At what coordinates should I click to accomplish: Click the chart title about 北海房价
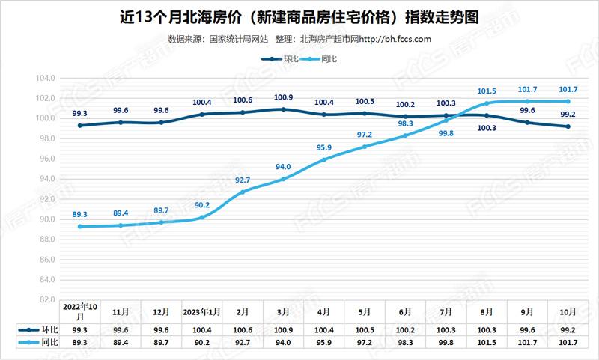[x=299, y=17]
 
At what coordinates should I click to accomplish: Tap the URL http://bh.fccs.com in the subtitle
[x=395, y=39]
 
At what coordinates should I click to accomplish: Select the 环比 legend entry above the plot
[x=280, y=59]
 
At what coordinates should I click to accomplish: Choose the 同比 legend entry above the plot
[x=318, y=59]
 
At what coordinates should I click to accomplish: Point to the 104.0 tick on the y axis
[x=46, y=79]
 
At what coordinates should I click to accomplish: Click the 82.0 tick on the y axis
[x=46, y=299]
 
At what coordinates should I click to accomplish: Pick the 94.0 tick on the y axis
[x=46, y=179]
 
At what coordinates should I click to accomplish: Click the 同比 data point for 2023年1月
[x=202, y=217]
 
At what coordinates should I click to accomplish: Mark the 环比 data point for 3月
[x=283, y=109]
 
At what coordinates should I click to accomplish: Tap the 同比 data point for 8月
[x=487, y=103]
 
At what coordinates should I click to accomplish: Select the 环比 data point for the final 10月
[x=568, y=126]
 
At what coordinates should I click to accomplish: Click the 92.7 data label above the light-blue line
[x=243, y=180]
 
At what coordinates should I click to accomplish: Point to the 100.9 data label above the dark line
[x=283, y=97]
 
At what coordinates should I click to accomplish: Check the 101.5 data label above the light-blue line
[x=487, y=91]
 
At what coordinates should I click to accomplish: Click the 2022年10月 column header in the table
[x=80, y=311]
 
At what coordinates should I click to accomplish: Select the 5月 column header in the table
[x=365, y=312]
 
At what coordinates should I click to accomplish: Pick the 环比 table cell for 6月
[x=405, y=330]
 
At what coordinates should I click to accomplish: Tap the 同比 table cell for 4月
[x=324, y=343]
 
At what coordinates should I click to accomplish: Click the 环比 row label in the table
[x=38, y=330]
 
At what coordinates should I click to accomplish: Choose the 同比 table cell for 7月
[x=446, y=343]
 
